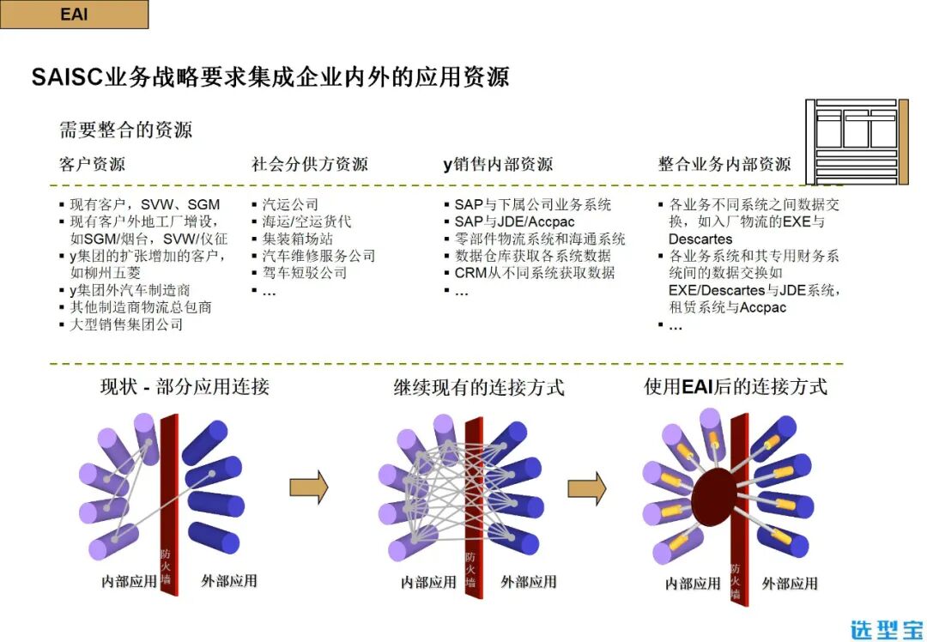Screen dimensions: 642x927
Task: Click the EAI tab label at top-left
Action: pos(74,15)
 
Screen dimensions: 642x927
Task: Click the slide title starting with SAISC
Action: pos(270,77)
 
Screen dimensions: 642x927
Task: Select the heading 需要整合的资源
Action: pos(125,130)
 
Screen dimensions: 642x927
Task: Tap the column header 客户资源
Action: pos(92,164)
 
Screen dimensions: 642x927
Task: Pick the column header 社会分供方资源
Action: pos(310,164)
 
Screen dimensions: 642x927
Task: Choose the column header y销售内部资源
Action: pos(498,164)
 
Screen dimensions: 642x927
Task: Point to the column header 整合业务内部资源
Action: pos(724,164)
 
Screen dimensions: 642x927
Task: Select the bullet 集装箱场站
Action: pos(297,239)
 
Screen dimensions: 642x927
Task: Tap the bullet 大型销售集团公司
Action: pos(126,324)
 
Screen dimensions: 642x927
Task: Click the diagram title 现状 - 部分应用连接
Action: pos(185,387)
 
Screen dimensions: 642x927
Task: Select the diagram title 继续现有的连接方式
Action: pos(479,387)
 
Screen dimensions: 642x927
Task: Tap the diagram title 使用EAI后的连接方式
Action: pos(736,387)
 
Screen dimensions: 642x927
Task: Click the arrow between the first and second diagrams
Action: pos(309,487)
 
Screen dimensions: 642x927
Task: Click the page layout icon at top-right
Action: pos(856,140)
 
